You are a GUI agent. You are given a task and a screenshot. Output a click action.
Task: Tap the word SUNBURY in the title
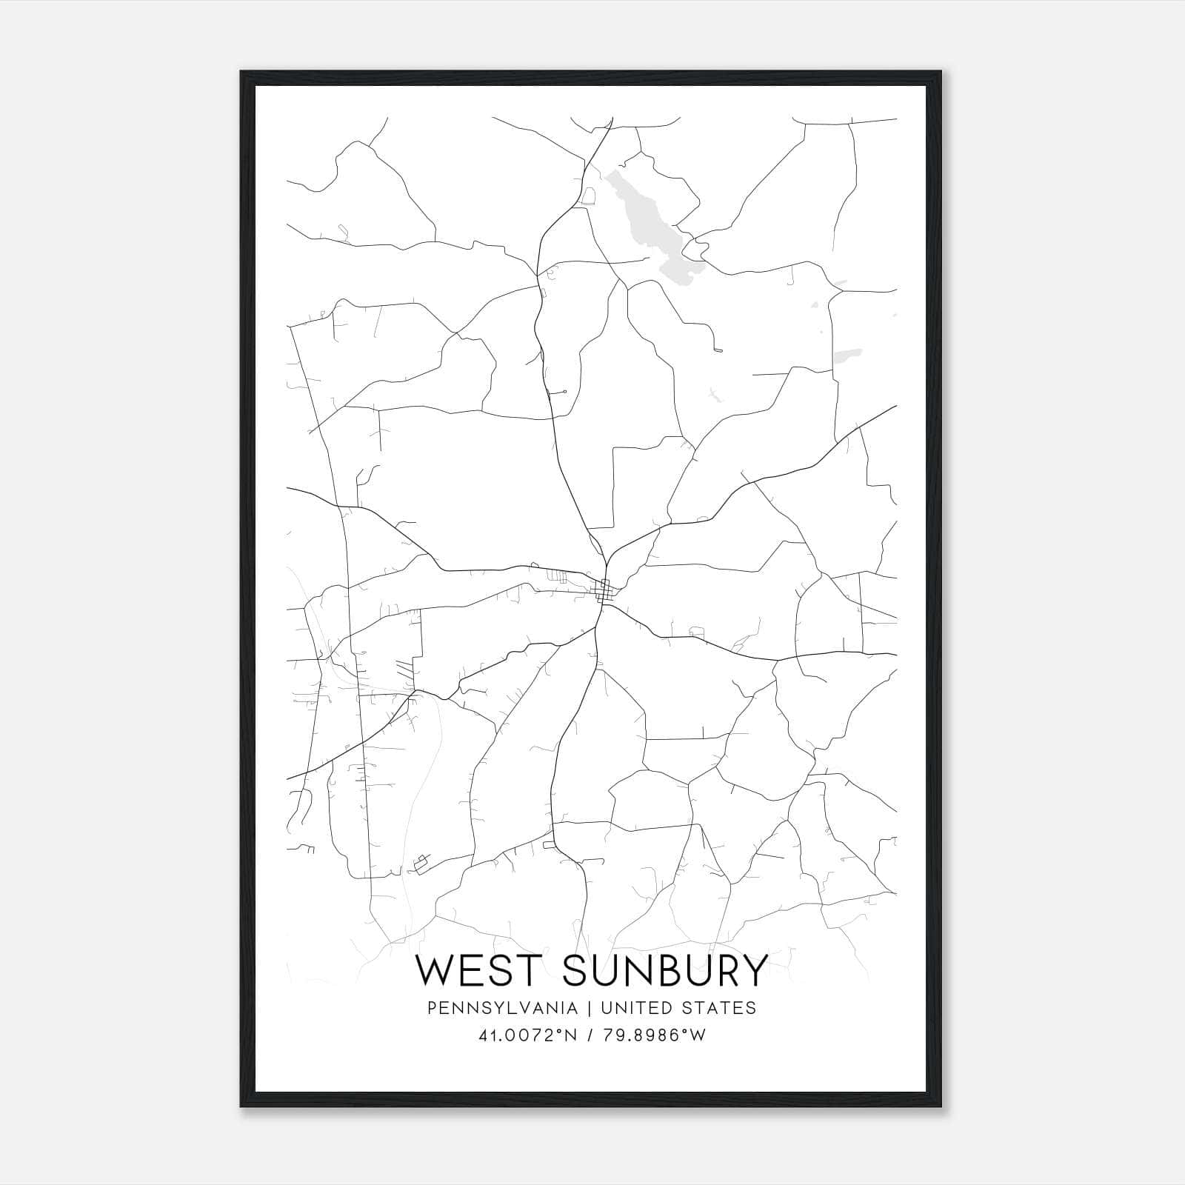click(665, 970)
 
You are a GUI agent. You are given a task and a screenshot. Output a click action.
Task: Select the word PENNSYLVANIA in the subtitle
click(502, 1008)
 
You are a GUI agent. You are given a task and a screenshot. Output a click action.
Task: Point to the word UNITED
click(637, 1008)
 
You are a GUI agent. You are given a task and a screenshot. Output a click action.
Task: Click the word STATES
click(720, 1008)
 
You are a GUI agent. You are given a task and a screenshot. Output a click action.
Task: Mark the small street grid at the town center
click(604, 590)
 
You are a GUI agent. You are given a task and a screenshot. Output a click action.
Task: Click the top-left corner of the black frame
click(241, 72)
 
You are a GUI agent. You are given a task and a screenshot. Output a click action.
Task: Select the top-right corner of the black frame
click(940, 72)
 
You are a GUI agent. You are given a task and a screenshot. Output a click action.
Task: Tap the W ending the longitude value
click(697, 1035)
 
